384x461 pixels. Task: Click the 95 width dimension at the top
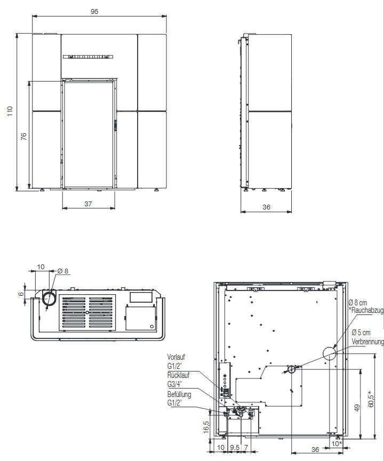94,12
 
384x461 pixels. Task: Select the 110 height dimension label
9,111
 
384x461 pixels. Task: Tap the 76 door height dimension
23,136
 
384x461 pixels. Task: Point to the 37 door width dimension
88,204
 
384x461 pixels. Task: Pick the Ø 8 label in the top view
63,271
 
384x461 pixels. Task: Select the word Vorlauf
177,357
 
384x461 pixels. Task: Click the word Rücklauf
178,376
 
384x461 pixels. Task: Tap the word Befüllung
179,395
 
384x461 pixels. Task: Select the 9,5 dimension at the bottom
235,448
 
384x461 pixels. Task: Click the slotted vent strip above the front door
88,57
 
